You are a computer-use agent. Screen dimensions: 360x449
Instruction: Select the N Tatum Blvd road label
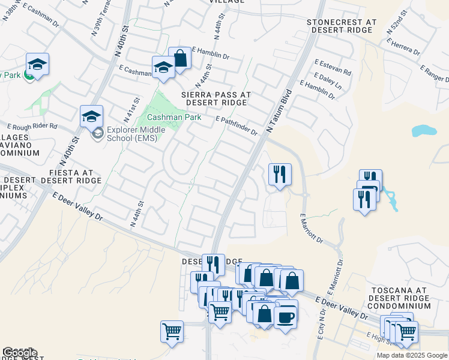click(x=278, y=112)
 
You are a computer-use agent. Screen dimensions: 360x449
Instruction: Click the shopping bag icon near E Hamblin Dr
click(x=179, y=58)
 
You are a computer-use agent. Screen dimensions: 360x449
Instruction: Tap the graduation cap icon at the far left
click(x=37, y=65)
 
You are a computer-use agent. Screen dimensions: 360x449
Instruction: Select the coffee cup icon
click(x=286, y=316)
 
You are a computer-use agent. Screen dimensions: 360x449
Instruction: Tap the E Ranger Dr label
click(x=434, y=73)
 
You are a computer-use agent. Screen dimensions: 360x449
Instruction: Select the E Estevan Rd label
click(x=333, y=66)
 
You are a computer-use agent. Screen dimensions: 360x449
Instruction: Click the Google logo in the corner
click(x=20, y=353)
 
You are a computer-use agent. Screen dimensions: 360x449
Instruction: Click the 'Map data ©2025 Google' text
click(x=412, y=355)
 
